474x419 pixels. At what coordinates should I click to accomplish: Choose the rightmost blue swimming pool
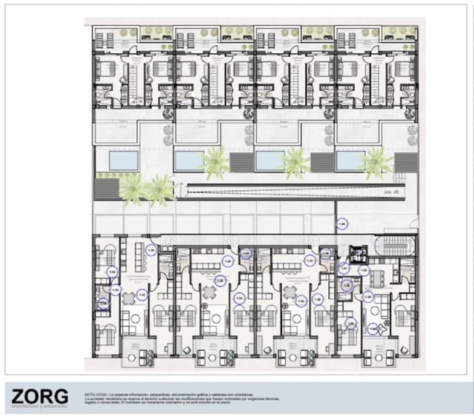[349, 161]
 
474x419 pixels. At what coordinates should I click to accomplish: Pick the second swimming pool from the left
[189, 161]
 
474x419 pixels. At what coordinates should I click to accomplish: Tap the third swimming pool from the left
[269, 161]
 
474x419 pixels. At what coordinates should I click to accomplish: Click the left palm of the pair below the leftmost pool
[133, 189]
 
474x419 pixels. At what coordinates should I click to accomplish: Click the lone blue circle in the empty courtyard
[342, 223]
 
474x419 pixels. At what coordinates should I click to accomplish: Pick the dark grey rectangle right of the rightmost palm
[405, 162]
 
